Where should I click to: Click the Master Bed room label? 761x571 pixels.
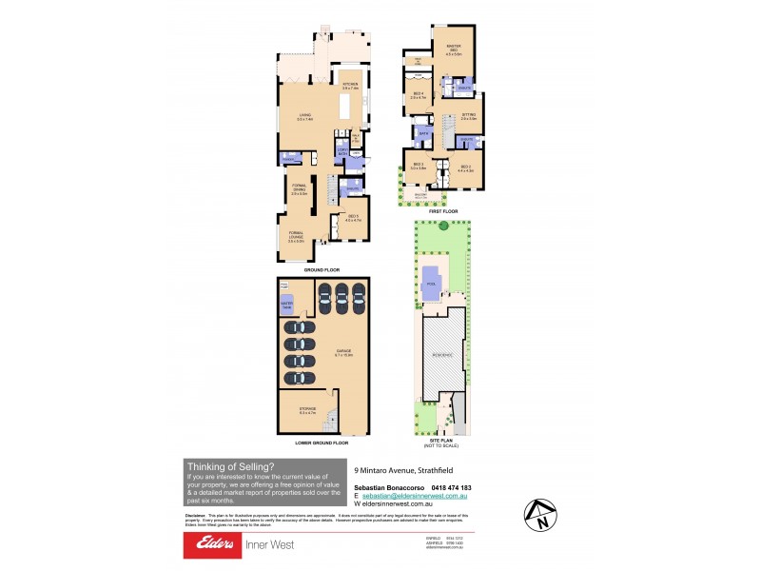[453, 51]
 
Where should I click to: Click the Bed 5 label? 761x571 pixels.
[353, 218]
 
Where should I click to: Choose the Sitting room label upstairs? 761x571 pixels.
[468, 116]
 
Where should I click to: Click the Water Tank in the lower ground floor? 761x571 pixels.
[286, 305]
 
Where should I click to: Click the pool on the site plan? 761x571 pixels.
[432, 283]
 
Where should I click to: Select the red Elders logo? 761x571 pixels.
[216, 544]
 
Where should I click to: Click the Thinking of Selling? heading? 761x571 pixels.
[230, 465]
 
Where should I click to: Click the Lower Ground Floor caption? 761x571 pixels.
[322, 443]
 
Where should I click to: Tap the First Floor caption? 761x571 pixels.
[443, 210]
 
